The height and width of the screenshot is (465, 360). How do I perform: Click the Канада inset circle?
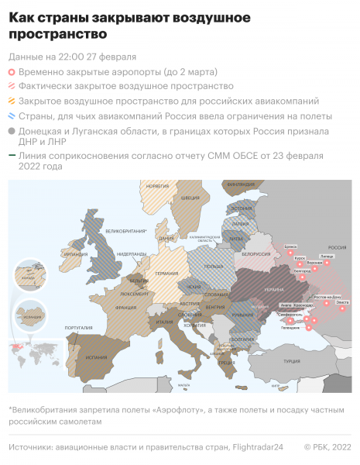(31, 275)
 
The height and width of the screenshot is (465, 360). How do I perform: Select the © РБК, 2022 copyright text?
(327, 447)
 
